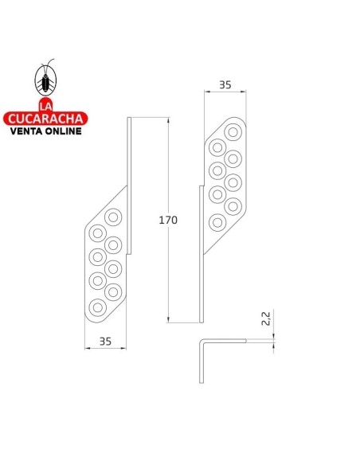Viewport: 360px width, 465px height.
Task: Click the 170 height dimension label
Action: coord(168,220)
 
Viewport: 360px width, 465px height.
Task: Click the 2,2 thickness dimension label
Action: coord(266,318)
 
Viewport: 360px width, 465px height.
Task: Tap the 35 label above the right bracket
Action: coord(225,85)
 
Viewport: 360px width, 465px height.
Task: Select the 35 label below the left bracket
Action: coord(105,342)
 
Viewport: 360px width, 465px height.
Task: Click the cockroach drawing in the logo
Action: coord(45,78)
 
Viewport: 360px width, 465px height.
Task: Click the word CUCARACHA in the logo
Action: coord(45,119)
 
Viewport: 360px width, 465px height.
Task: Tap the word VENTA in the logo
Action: coord(25,131)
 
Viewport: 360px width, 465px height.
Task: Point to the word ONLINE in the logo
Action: coord(62,131)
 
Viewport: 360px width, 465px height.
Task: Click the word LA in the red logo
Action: coord(45,106)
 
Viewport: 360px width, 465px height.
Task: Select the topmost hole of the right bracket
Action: coord(233,132)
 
